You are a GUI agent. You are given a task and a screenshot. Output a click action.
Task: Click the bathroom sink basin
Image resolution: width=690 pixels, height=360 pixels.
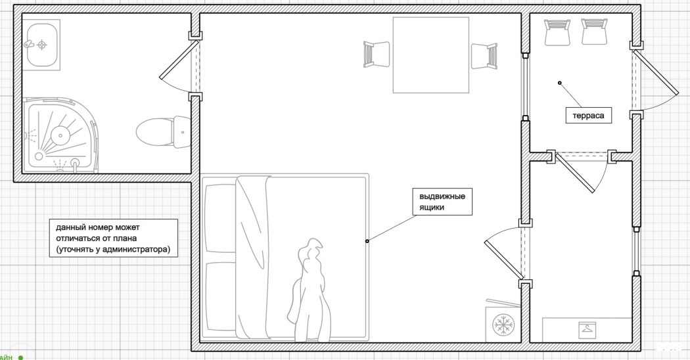42,44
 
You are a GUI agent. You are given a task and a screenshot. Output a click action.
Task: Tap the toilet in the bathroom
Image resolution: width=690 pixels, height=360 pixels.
163,132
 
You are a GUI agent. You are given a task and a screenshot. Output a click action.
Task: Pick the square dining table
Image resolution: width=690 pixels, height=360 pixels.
431,55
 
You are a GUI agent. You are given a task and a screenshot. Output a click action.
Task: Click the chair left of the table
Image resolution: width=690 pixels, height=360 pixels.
377,55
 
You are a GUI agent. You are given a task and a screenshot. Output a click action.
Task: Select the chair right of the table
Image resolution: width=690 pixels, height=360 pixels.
484,56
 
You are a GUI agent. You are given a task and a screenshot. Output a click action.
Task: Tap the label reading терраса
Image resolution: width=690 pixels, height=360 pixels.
588,116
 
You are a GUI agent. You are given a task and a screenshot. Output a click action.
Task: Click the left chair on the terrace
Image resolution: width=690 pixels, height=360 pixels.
557,32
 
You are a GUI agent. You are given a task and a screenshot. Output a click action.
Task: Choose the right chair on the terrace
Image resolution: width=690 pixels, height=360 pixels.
595,32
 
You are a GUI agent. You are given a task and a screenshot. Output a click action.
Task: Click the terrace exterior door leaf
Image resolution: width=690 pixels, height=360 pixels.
656,71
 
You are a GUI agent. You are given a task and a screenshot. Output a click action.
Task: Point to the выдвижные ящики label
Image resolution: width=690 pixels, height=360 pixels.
442,202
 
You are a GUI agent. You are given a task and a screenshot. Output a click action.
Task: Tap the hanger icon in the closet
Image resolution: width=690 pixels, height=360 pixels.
587,328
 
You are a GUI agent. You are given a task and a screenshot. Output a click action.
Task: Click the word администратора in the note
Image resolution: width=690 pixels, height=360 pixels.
137,250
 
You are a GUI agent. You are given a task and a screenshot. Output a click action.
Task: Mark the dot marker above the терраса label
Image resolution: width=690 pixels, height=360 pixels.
560,83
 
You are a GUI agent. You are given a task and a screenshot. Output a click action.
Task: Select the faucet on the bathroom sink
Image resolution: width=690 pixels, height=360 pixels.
29,44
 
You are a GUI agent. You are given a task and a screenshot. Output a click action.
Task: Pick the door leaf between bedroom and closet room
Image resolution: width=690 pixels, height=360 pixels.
502,260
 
